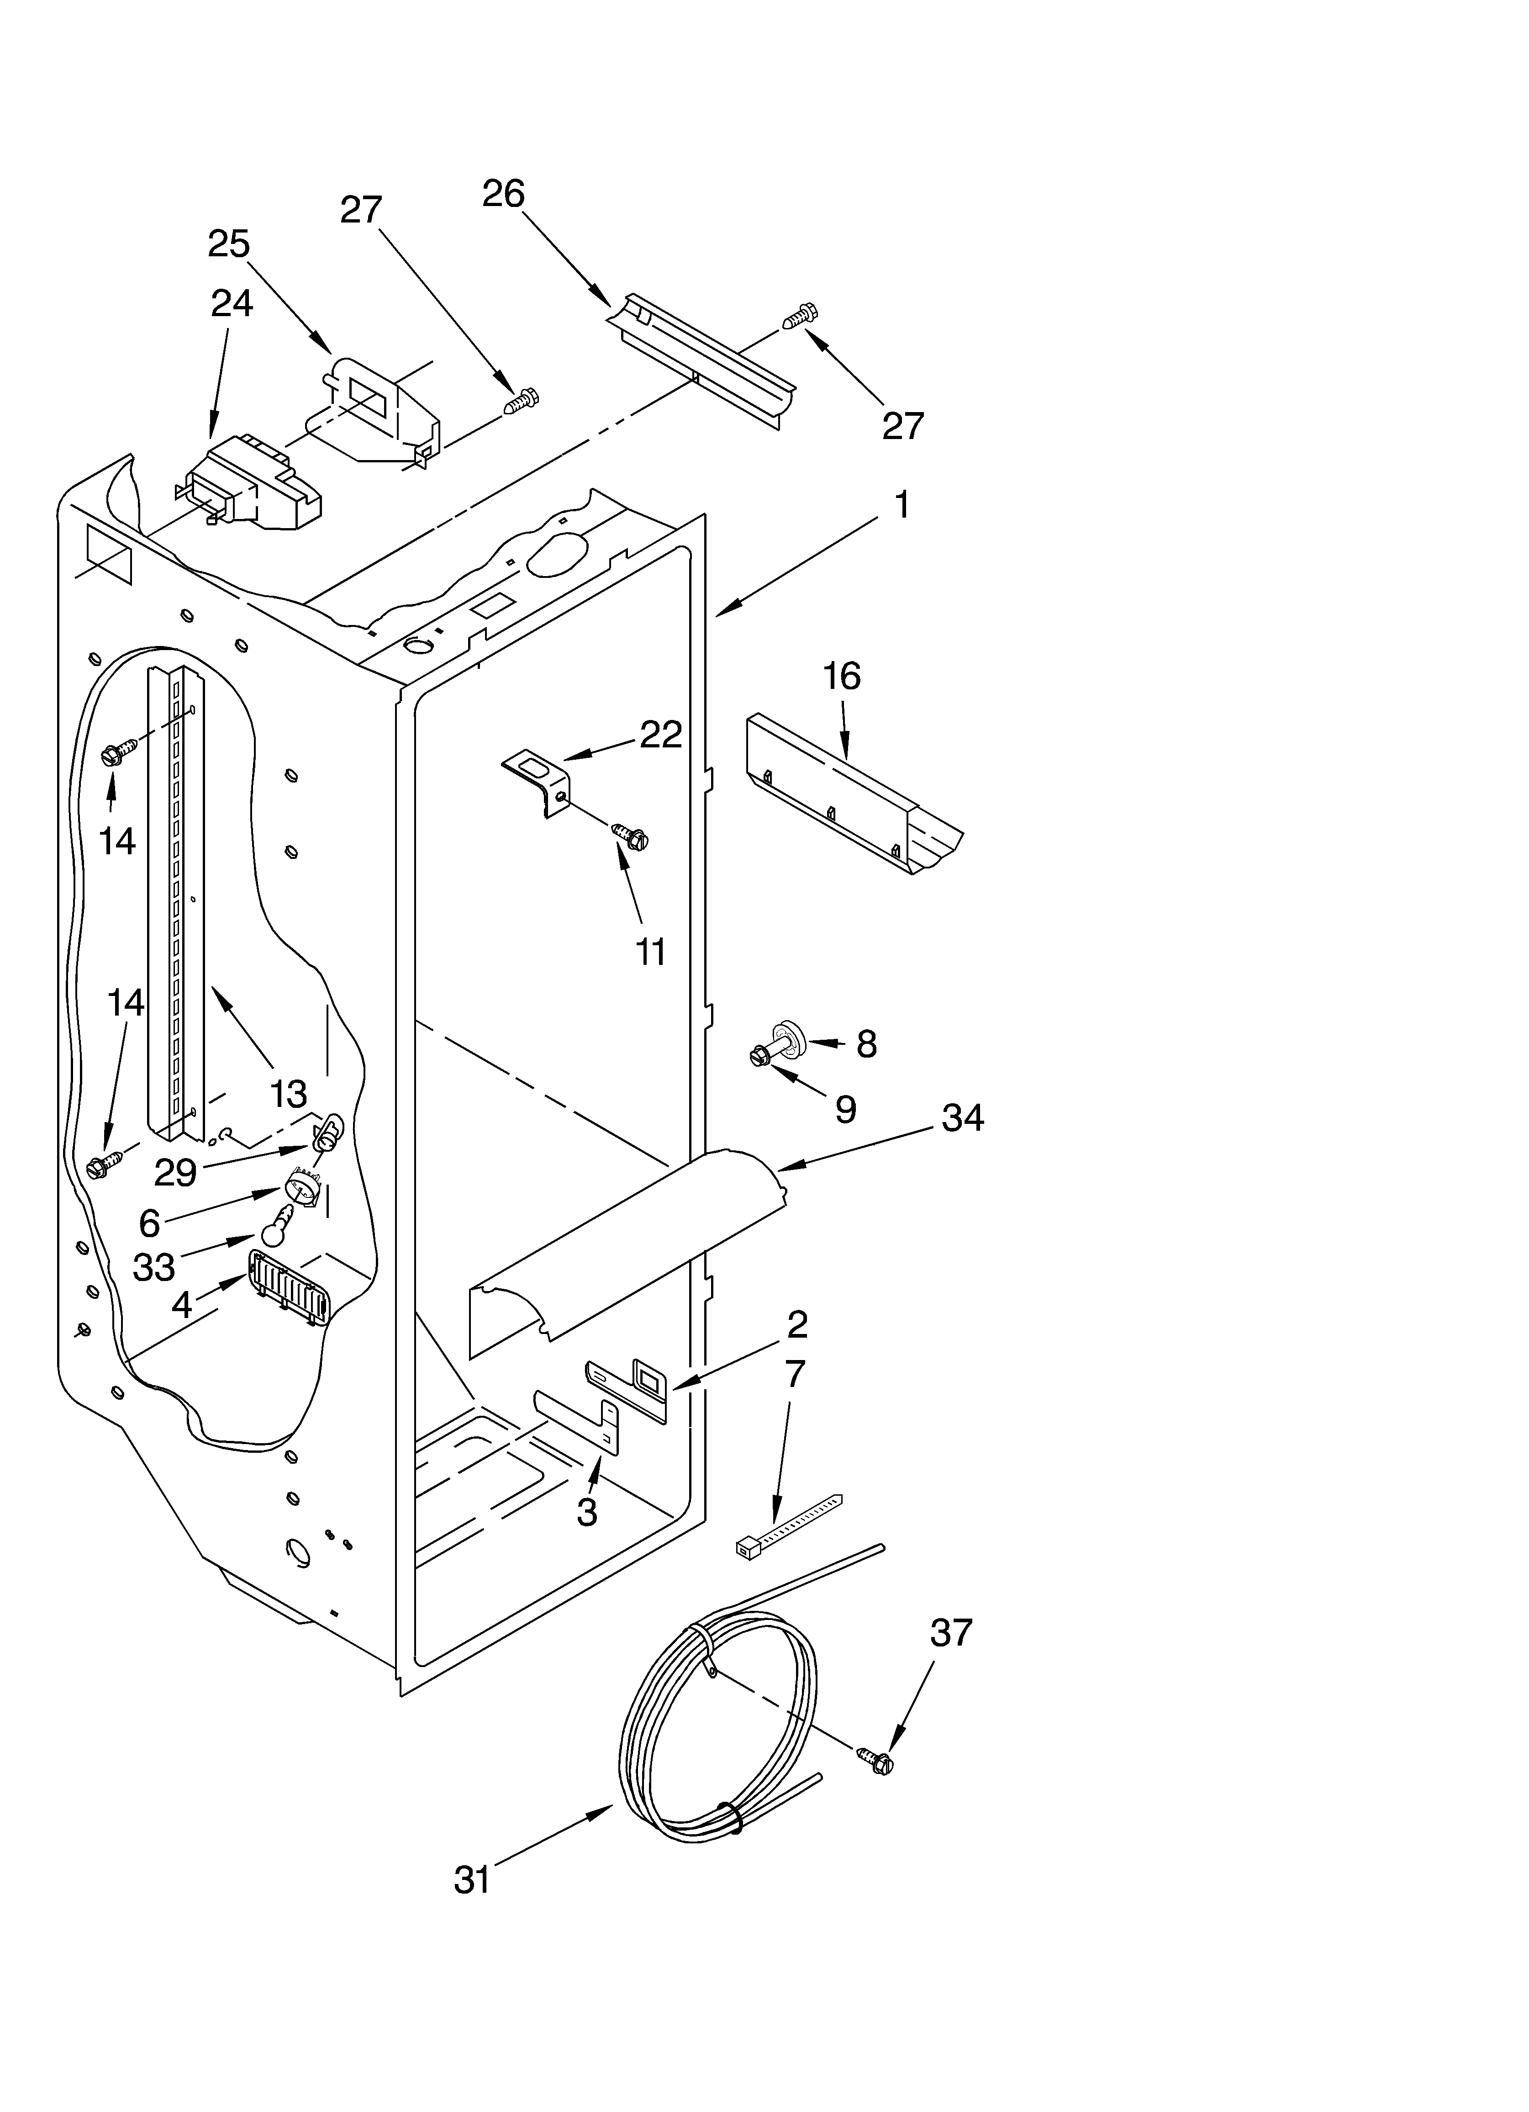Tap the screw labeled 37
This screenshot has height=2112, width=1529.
point(875,1760)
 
